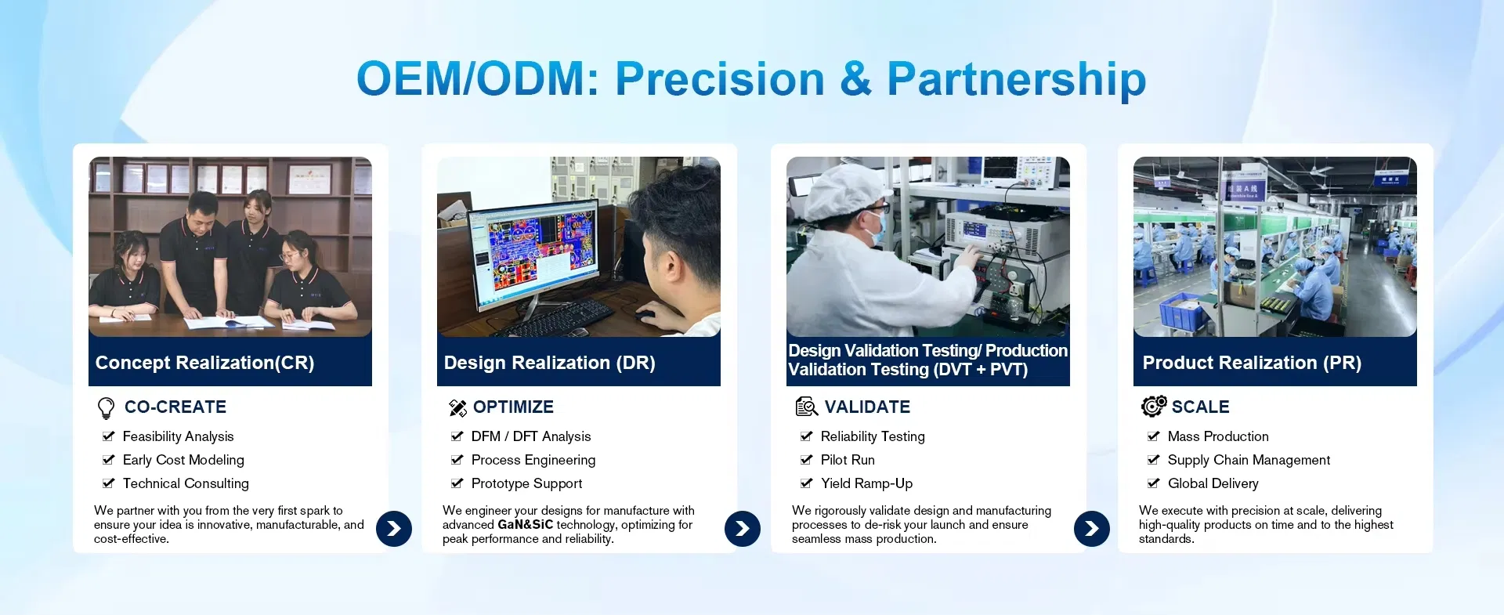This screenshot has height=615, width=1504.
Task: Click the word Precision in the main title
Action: pyautogui.click(x=720, y=79)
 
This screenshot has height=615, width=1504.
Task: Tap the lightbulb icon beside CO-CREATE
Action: pyautogui.click(x=106, y=408)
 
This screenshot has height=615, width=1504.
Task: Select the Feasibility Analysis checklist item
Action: pyautogui.click(x=178, y=436)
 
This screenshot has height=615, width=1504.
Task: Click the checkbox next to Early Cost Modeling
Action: pyautogui.click(x=108, y=460)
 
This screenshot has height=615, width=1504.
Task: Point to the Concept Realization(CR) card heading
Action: pyautogui.click(x=204, y=363)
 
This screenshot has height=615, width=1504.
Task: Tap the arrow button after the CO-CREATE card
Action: pyautogui.click(x=394, y=529)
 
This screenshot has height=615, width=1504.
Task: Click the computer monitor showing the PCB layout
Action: pyautogui.click(x=533, y=251)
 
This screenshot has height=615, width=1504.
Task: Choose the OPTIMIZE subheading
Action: pyautogui.click(x=513, y=407)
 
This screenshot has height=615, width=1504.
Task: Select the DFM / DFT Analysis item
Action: pyautogui.click(x=531, y=436)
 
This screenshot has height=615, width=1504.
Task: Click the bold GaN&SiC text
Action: pyautogui.click(x=525, y=525)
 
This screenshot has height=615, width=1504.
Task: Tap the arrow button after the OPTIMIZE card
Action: pyautogui.click(x=743, y=529)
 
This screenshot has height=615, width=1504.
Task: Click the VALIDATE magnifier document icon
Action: pyautogui.click(x=806, y=407)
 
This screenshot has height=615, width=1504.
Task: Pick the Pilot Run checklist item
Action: pyautogui.click(x=848, y=460)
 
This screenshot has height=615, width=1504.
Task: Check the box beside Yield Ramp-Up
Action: pyautogui.click(x=806, y=483)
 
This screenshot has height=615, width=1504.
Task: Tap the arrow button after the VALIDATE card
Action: pyautogui.click(x=1092, y=529)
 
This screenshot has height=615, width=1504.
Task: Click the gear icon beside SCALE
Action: pyautogui.click(x=1154, y=406)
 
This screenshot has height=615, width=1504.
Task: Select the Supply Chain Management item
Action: pyautogui.click(x=1249, y=460)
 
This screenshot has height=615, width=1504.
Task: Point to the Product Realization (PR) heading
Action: pyautogui.click(x=1252, y=363)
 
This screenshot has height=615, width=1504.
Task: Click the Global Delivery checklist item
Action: pyautogui.click(x=1213, y=483)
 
